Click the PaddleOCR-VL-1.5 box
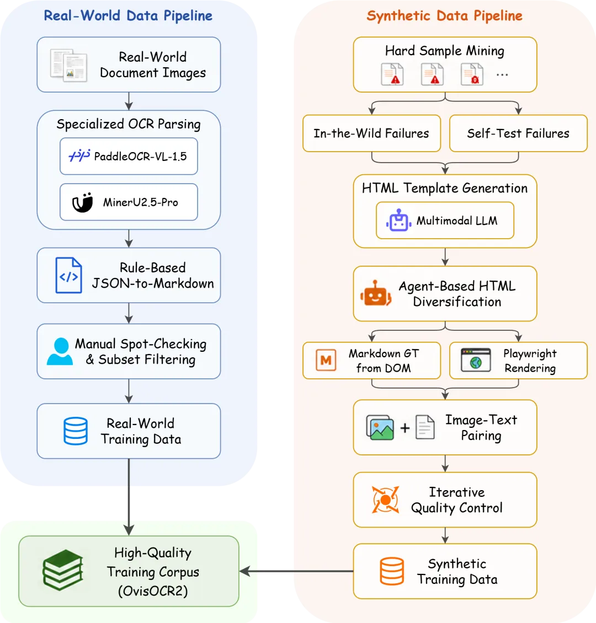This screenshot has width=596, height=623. (x=129, y=156)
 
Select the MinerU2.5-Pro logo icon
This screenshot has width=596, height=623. (x=82, y=202)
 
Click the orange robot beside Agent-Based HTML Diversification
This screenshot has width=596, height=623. (x=376, y=293)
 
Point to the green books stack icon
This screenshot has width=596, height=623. (x=63, y=570)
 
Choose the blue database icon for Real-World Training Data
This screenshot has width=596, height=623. (x=76, y=431)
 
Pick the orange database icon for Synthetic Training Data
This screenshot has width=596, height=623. (x=392, y=571)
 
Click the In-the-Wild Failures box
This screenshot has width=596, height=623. (x=371, y=133)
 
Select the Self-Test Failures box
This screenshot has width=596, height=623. (x=518, y=133)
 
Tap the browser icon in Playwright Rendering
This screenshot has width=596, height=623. (x=476, y=360)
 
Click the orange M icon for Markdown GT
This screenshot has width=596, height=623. (x=326, y=360)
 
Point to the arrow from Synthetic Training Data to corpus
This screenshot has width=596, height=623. (x=296, y=571)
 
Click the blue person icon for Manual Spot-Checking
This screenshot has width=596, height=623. (x=60, y=351)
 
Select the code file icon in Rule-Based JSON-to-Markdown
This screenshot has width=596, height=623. (x=69, y=275)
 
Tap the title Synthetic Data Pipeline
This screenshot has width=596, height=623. (x=444, y=16)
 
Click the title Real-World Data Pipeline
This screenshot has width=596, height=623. (x=128, y=16)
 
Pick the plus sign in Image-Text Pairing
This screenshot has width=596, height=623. (x=405, y=427)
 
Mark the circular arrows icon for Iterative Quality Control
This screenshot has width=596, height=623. (x=385, y=500)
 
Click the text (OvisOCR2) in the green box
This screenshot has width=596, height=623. (x=153, y=591)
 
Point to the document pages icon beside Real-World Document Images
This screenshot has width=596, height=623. (x=69, y=65)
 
